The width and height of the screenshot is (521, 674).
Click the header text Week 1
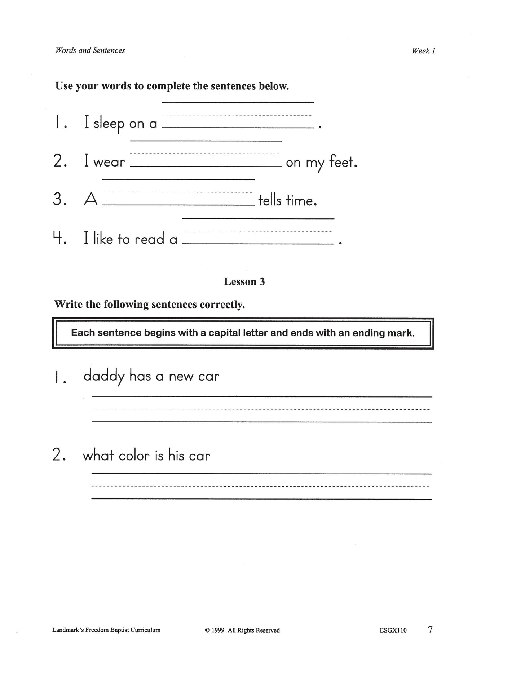pyautogui.click(x=424, y=51)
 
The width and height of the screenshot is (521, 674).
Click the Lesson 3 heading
pyautogui.click(x=244, y=281)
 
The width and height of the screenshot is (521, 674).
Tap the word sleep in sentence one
pyautogui.click(x=109, y=124)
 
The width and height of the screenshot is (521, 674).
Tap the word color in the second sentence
pyautogui.click(x=134, y=456)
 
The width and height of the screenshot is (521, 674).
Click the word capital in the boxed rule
pyautogui.click(x=221, y=333)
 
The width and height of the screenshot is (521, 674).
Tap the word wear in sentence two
pyautogui.click(x=109, y=162)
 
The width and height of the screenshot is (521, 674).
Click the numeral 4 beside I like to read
pyautogui.click(x=57, y=238)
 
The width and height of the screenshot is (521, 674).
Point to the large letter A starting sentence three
pyautogui.click(x=90, y=200)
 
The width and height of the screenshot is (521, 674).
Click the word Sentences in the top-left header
pyautogui.click(x=109, y=50)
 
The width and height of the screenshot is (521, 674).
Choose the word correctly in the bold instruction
pyautogui.click(x=222, y=305)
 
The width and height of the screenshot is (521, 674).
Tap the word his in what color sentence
pyautogui.click(x=176, y=456)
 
